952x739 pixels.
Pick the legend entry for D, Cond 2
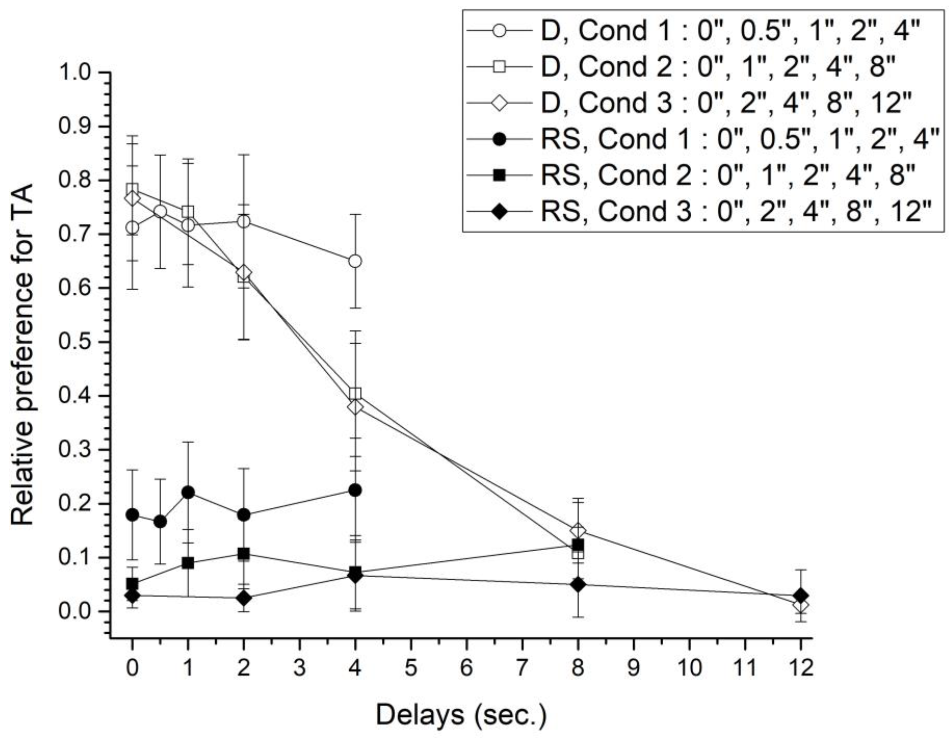tap(706, 67)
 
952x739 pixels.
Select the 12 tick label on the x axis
tap(800, 668)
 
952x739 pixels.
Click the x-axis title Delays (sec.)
tap(461, 715)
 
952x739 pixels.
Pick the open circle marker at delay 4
tap(355, 261)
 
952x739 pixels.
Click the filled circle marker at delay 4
tap(355, 490)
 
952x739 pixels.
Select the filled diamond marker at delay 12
tap(800, 596)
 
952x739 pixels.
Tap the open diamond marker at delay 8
tap(578, 531)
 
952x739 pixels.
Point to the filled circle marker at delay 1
tap(188, 493)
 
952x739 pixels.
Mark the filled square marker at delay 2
tap(244, 554)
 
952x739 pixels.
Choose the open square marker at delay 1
tap(188, 212)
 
